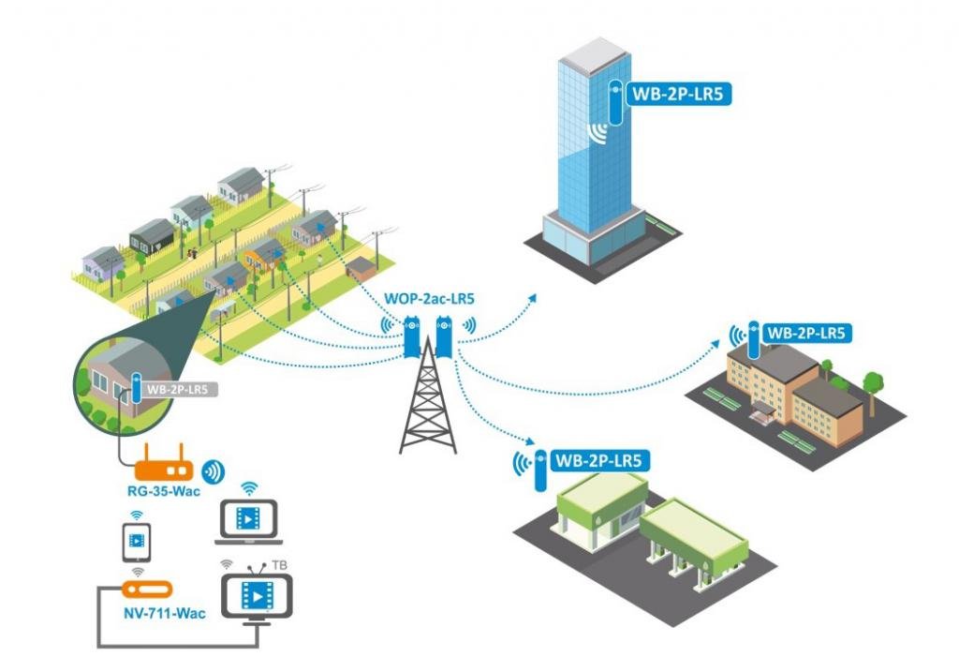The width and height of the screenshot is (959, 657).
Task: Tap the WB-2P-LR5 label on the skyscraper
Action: click(x=672, y=94)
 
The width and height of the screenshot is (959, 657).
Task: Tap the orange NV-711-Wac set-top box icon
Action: click(x=145, y=590)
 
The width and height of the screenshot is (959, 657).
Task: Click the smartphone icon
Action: click(x=137, y=541)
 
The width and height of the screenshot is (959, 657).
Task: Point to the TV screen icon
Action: click(x=255, y=597)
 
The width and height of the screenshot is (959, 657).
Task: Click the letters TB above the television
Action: click(x=279, y=565)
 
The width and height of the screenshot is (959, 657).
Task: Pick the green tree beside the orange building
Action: click(x=873, y=383)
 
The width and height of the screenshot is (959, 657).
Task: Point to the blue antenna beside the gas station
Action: click(x=540, y=470)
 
